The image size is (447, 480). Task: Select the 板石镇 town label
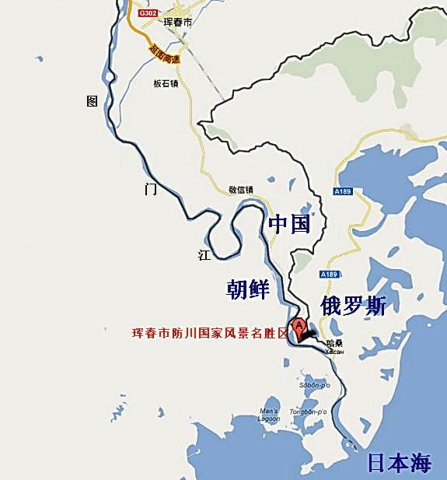pyautogui.click(x=166, y=83)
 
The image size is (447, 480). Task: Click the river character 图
pyautogui.click(x=93, y=100)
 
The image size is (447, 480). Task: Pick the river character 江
pyautogui.click(x=204, y=254)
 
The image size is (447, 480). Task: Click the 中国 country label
pyautogui.click(x=289, y=225)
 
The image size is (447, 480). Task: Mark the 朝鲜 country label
pyautogui.click(x=248, y=289)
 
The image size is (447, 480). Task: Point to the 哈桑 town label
pyautogui.click(x=335, y=342)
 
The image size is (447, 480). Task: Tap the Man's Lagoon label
pyautogui.click(x=268, y=415)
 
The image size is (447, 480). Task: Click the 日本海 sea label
pyautogui.click(x=399, y=464)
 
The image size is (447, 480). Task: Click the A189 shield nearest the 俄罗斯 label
pyautogui.click(x=330, y=275)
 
